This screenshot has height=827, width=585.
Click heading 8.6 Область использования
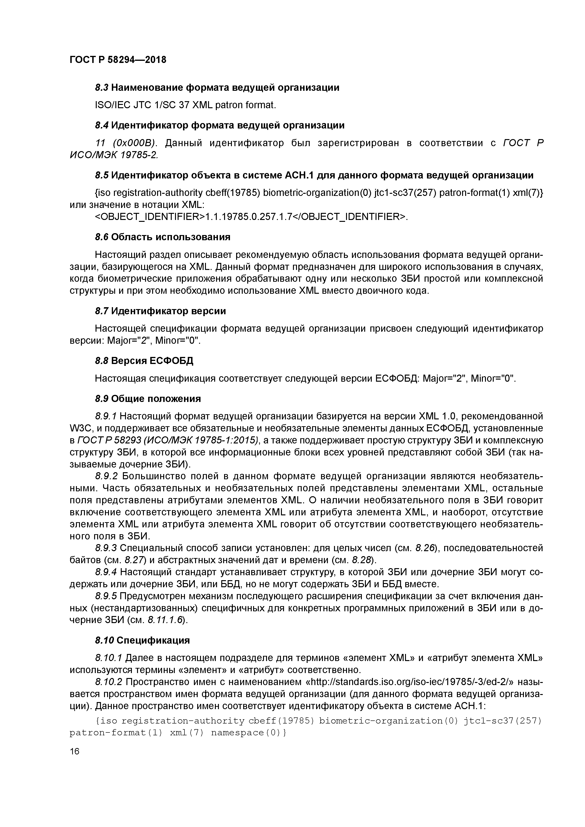click(x=163, y=237)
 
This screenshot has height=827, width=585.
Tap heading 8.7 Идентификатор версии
click(x=160, y=311)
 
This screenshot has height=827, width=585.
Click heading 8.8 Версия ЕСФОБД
click(x=144, y=360)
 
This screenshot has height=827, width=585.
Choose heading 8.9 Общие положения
click(x=148, y=399)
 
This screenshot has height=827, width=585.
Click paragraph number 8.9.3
click(x=106, y=548)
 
